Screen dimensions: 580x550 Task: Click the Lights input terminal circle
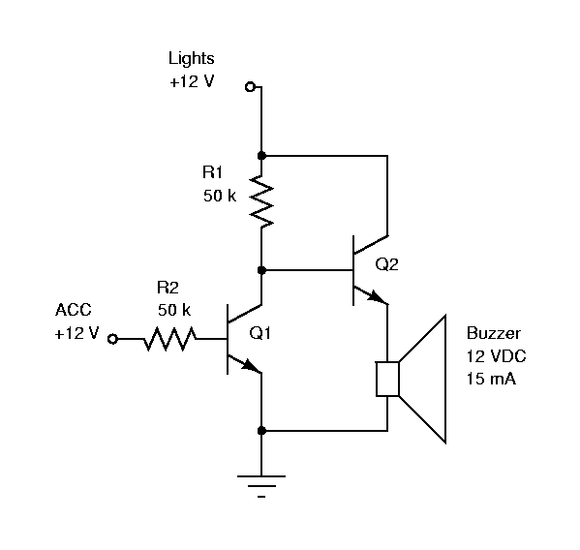click(251, 87)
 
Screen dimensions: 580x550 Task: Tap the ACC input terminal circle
click(113, 339)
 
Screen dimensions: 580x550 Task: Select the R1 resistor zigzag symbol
click(261, 201)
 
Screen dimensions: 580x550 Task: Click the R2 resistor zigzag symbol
click(170, 339)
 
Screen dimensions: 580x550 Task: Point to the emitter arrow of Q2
click(377, 297)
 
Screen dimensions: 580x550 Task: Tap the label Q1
click(260, 333)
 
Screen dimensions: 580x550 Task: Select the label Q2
click(387, 264)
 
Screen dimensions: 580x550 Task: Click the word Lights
click(192, 58)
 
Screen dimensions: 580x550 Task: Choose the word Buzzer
click(494, 333)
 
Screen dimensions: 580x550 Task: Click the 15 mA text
click(491, 379)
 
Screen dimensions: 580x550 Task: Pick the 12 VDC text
click(496, 356)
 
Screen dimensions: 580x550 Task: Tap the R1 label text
click(213, 172)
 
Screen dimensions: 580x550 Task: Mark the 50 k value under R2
click(174, 310)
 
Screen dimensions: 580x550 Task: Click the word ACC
click(74, 310)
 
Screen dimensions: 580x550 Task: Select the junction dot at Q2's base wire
click(261, 270)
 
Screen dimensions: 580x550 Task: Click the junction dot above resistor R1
click(261, 156)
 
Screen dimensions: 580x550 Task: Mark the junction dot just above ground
click(261, 431)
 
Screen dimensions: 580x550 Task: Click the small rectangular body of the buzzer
click(387, 380)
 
